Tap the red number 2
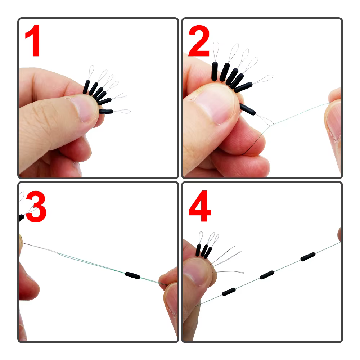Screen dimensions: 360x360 tap(199, 41)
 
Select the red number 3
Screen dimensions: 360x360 tap(36, 206)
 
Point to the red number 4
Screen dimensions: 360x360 tap(199, 206)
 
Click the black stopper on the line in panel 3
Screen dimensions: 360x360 tap(132, 275)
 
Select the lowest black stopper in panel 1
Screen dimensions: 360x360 tap(106, 112)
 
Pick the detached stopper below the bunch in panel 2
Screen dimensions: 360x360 tap(247, 109)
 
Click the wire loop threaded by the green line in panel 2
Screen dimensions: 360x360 tap(265, 120)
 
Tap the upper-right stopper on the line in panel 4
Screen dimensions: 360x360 tap(308, 256)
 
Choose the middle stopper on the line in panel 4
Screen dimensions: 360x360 tap(267, 275)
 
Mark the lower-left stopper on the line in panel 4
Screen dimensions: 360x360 tap(229, 292)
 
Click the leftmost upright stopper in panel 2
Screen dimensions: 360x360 tap(215, 71)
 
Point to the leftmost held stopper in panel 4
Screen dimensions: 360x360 tap(198, 250)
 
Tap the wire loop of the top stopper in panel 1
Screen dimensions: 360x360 tap(91, 72)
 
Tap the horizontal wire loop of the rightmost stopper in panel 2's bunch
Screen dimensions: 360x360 tap(263, 79)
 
